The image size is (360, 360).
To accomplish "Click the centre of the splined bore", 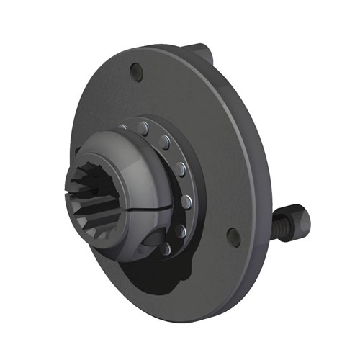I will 102,202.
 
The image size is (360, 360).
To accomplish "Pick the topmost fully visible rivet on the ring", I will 144,127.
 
